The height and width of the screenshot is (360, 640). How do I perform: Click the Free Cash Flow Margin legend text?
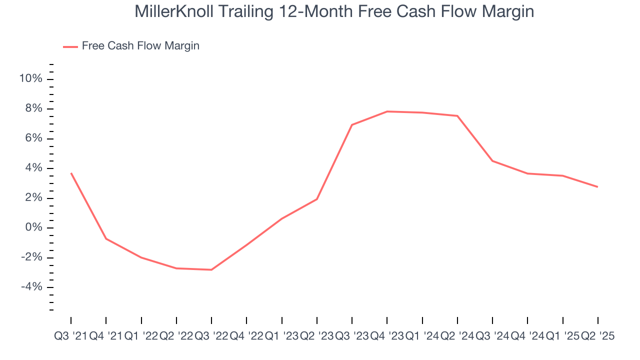[140, 46]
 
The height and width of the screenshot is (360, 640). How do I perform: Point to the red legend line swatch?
[70, 46]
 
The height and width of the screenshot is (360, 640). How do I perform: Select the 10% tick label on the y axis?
[30, 79]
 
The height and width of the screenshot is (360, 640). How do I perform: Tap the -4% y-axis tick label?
[31, 287]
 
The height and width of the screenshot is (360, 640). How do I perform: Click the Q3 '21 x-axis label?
[70, 336]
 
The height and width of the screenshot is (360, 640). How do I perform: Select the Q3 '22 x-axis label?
[211, 336]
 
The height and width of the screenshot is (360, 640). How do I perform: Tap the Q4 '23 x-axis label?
[387, 336]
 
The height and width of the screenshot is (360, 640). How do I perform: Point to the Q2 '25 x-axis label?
[597, 336]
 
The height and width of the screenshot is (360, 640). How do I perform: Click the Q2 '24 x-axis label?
[457, 336]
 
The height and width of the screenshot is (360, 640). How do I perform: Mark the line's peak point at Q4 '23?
[387, 111]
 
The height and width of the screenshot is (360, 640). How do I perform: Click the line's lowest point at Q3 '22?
[211, 270]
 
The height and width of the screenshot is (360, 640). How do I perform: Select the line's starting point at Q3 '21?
[71, 173]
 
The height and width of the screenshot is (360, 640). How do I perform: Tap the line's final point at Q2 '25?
[598, 187]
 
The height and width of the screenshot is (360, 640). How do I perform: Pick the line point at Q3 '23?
[352, 125]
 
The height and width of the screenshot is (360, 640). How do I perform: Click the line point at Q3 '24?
[492, 161]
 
